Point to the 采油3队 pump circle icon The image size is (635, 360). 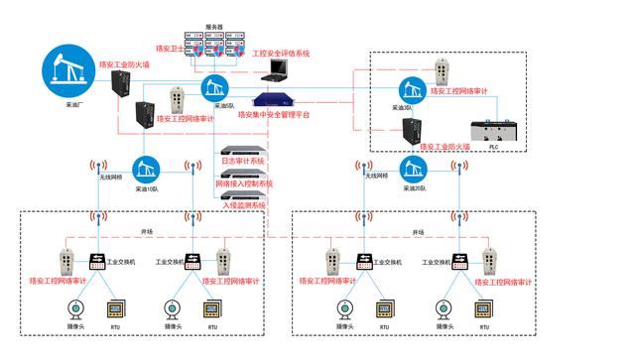pyautogui.click(x=411, y=88)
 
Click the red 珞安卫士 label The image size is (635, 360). pyautogui.click(x=175, y=47)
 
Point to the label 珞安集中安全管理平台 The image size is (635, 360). pyautogui.click(x=274, y=114)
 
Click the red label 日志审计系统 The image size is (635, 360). pyautogui.click(x=242, y=161)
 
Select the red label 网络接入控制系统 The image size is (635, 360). pyautogui.click(x=244, y=183)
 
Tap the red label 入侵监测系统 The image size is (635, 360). pyautogui.click(x=242, y=205)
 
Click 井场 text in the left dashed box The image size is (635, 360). pyautogui.click(x=146, y=232)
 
